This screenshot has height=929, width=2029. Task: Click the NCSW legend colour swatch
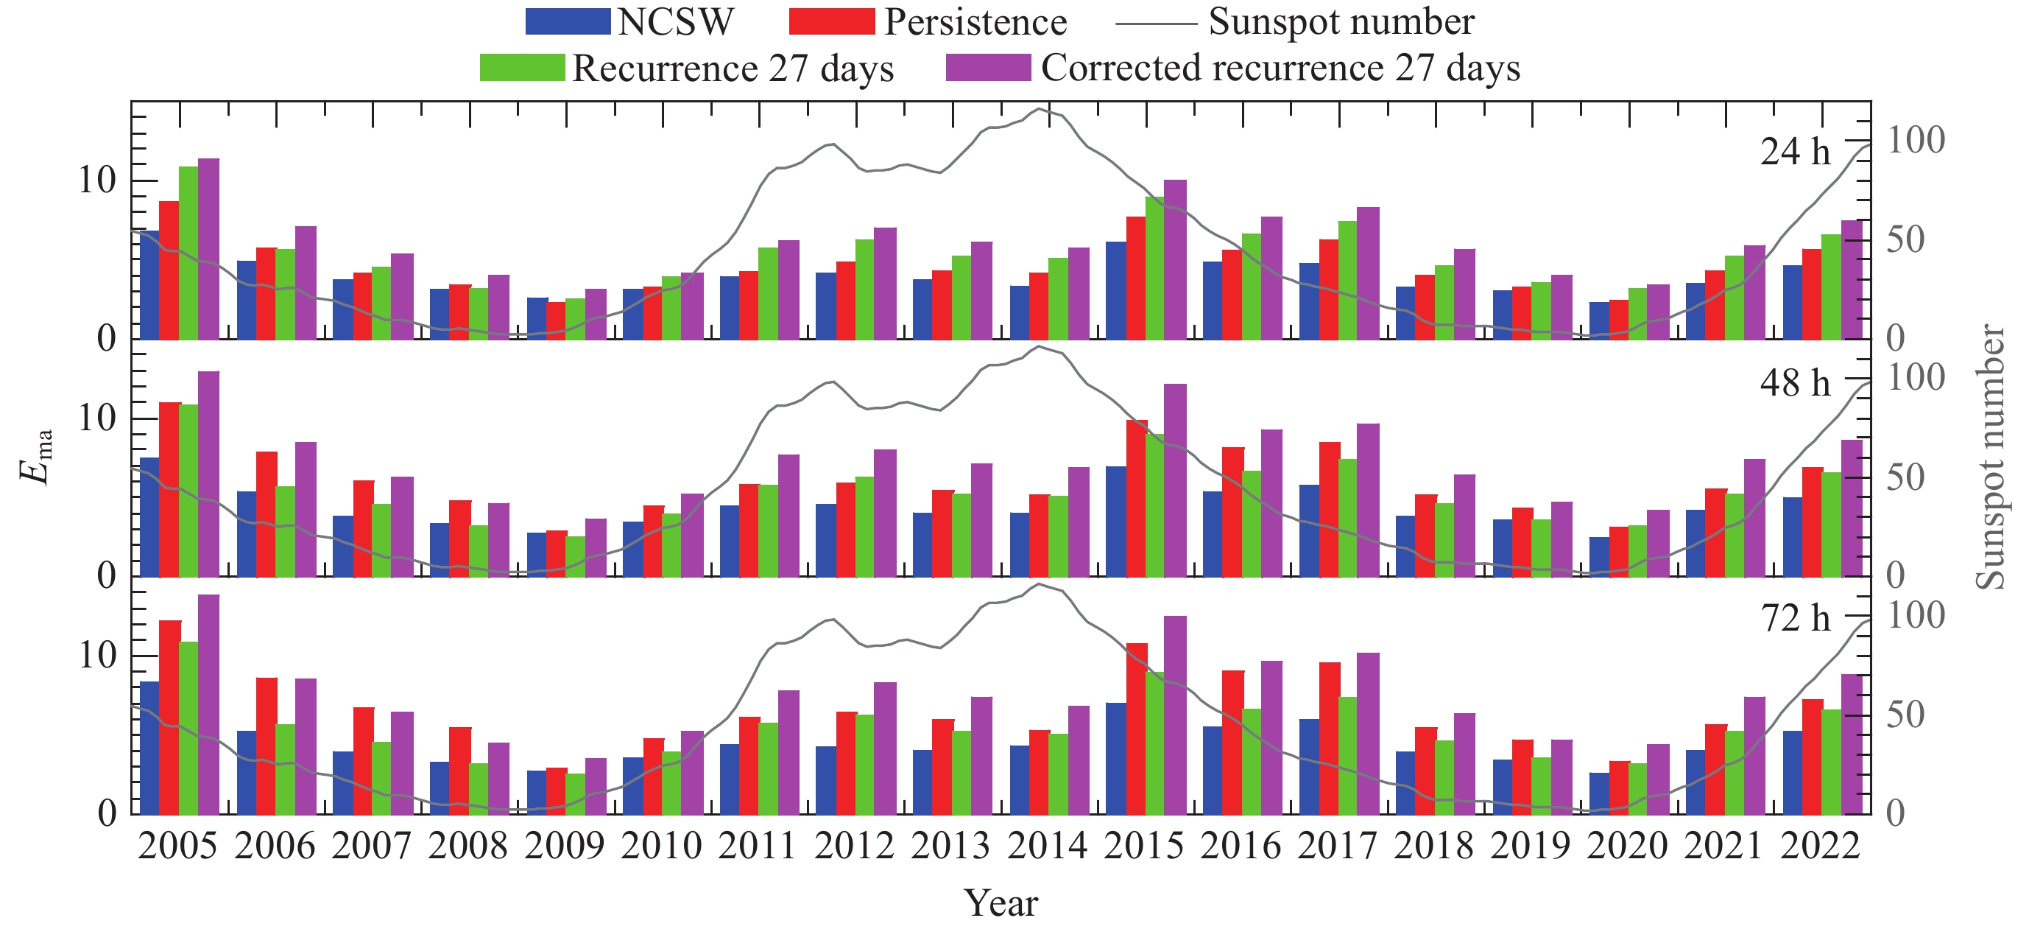tap(568, 21)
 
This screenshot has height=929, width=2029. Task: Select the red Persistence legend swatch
tap(832, 21)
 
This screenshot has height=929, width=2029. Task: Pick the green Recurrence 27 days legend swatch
tap(522, 68)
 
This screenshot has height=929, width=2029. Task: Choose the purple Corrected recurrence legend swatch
tap(988, 68)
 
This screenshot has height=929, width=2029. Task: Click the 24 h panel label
tap(1795, 151)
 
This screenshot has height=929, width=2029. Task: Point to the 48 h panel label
tap(1795, 383)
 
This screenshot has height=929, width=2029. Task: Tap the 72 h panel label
tap(1795, 619)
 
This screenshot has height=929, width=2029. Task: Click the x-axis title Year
tap(1002, 903)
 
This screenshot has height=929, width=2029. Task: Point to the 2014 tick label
tap(1048, 846)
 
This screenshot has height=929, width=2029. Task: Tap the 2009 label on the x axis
tap(564, 846)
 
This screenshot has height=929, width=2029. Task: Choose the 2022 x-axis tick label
tap(1820, 846)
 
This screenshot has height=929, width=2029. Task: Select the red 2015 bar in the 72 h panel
tap(1137, 729)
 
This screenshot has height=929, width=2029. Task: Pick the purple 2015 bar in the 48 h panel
tap(1175, 480)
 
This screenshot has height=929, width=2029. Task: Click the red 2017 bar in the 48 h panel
tap(1330, 509)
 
